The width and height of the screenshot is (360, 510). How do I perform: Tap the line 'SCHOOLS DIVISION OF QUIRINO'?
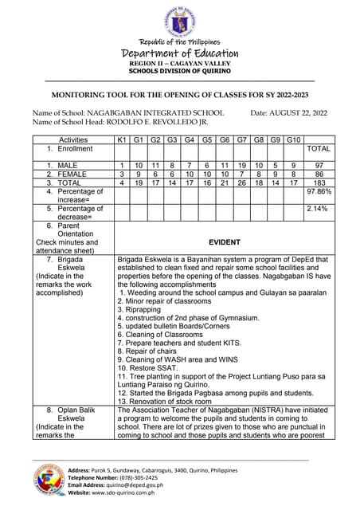click(x=179, y=71)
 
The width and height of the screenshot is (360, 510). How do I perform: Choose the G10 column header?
click(x=293, y=139)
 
